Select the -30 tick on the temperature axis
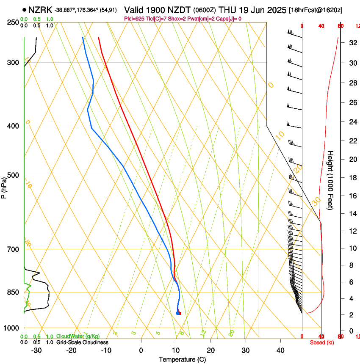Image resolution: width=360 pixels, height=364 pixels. (36, 350)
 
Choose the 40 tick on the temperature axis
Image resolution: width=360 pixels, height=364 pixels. (280, 350)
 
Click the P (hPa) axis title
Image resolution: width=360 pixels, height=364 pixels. (4, 186)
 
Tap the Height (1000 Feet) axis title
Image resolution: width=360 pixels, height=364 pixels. (331, 180)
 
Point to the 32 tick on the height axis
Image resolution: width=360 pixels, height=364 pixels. (352, 43)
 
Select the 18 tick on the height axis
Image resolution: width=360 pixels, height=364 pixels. (352, 177)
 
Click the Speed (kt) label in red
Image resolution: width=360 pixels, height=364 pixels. (322, 342)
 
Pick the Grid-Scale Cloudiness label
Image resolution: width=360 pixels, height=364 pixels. (82, 342)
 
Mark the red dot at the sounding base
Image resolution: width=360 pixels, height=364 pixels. (180, 313)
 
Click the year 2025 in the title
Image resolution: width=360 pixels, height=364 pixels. (275, 9)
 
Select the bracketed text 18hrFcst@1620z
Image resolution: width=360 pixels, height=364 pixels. (316, 10)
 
